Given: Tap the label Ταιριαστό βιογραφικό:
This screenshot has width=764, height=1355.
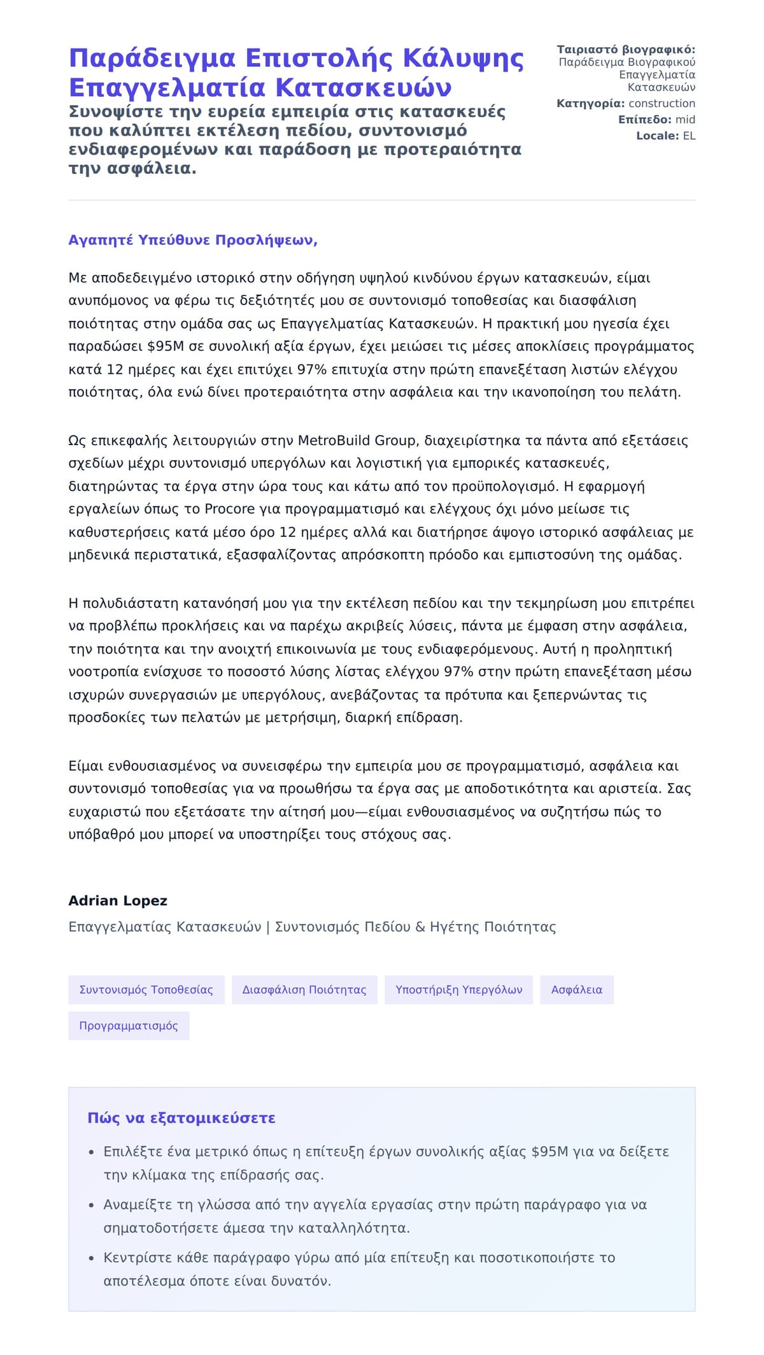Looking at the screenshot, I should click(x=626, y=50).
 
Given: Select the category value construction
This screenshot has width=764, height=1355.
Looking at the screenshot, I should click(x=661, y=103).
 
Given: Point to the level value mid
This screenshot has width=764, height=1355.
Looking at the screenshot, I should click(x=685, y=120).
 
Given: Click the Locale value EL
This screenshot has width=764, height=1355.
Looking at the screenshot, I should click(x=689, y=136).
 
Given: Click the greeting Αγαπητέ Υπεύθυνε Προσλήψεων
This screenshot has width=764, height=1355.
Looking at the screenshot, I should click(x=193, y=240).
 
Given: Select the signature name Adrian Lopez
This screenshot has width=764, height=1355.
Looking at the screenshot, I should click(x=118, y=900).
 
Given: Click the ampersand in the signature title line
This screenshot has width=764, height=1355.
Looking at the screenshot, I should click(x=420, y=927).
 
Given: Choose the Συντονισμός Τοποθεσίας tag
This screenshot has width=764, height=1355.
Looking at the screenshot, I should click(x=146, y=990).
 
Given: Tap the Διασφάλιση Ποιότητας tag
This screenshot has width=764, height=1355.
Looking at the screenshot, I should click(x=304, y=990).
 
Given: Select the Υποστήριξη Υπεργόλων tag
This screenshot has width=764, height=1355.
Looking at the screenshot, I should click(x=458, y=990).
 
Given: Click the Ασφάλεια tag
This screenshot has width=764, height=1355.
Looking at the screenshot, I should click(x=576, y=990).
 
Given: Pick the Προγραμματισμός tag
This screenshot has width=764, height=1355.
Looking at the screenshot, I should click(x=129, y=1026).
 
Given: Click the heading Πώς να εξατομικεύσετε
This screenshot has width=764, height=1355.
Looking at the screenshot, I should click(x=181, y=1118).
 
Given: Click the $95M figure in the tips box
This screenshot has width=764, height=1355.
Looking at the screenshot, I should click(x=549, y=1151).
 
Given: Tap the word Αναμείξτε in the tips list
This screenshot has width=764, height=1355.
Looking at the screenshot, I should click(x=135, y=1205).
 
